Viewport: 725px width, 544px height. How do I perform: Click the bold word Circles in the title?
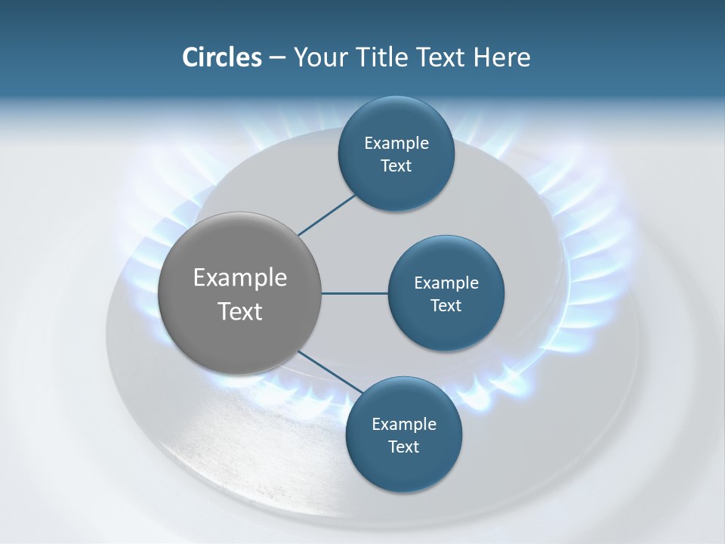pos(221,57)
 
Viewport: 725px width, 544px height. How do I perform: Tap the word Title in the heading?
pos(375,57)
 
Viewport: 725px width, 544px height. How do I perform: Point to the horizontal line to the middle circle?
pos(354,293)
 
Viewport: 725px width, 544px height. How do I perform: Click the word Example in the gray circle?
pos(240,278)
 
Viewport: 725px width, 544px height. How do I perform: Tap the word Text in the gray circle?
pos(240,311)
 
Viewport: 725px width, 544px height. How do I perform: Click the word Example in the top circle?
pos(396,144)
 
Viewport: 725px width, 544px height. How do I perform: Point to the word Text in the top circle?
pos(396,166)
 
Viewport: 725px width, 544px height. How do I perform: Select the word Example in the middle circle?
pos(446,283)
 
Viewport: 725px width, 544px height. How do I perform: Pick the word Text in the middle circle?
pos(446,306)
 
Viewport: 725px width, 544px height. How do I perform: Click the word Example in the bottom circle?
pos(403,425)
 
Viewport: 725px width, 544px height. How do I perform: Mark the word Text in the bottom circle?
pos(403,447)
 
